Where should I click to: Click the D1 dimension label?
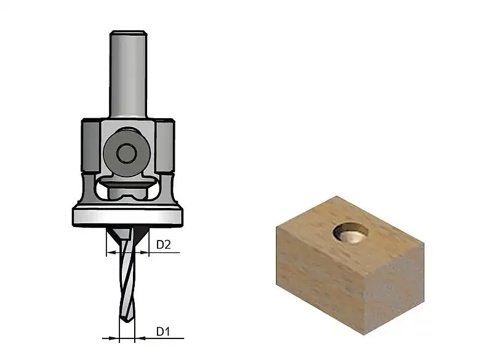coord(163,331)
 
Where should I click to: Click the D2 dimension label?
coord(164,245)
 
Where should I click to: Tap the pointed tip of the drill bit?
coord(126,321)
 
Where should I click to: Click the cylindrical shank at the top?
coord(128,73)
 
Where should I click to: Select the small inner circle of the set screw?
coord(126,153)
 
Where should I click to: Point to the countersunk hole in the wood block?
coord(350,233)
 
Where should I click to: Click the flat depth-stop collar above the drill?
coord(128,217)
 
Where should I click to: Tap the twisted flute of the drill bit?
coord(127,276)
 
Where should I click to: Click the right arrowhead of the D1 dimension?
coord(139,338)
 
